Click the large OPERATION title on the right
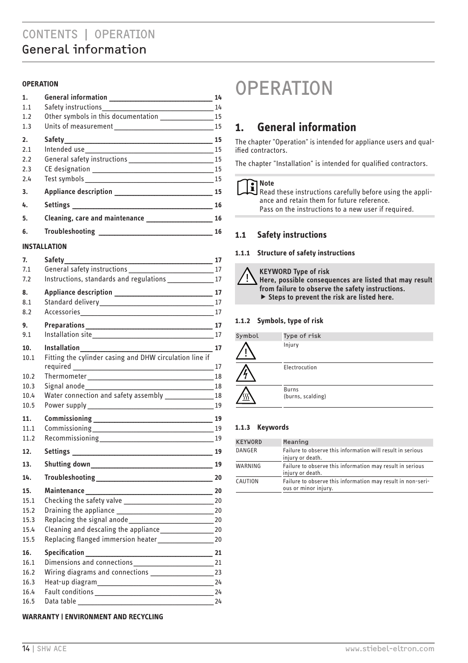coord(284,88)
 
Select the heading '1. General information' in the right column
coord(295,127)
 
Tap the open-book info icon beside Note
coord(247,187)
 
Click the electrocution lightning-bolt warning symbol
coord(246,374)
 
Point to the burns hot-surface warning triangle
coord(246,396)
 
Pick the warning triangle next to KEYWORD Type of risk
coord(247,277)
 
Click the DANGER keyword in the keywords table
coord(246,450)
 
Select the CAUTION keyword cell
coord(247,481)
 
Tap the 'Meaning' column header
coord(296,442)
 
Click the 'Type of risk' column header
coord(302,336)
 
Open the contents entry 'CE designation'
coord(67,169)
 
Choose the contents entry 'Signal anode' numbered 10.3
coord(64,386)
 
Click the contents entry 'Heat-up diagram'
coord(71,582)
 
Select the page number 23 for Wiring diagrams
coord(218,572)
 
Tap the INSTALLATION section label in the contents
coord(44,247)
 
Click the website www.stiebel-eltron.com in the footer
coord(390,649)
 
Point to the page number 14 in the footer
coord(26,649)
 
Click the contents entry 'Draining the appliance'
coord(79,510)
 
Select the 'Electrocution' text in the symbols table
coord(300,367)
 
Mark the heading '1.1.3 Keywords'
coord(262,427)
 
